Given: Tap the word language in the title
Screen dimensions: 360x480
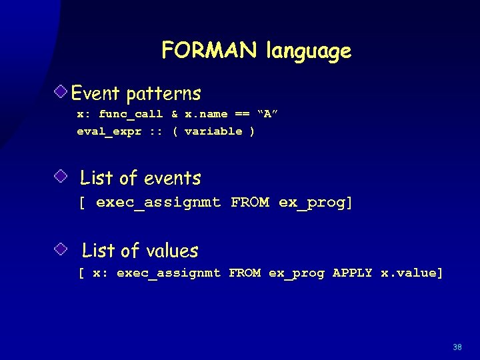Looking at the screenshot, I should [308, 52].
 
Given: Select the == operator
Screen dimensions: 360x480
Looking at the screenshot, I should [243, 114].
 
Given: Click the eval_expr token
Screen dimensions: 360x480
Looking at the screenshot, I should [109, 131].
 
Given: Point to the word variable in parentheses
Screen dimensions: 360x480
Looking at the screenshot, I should [213, 131].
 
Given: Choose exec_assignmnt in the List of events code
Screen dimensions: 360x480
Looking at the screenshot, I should [158, 202].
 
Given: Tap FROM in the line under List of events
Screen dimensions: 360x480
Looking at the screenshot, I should [250, 202].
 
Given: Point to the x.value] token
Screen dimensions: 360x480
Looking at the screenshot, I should [411, 273].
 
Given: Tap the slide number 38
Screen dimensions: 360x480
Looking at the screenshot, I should [457, 347].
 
